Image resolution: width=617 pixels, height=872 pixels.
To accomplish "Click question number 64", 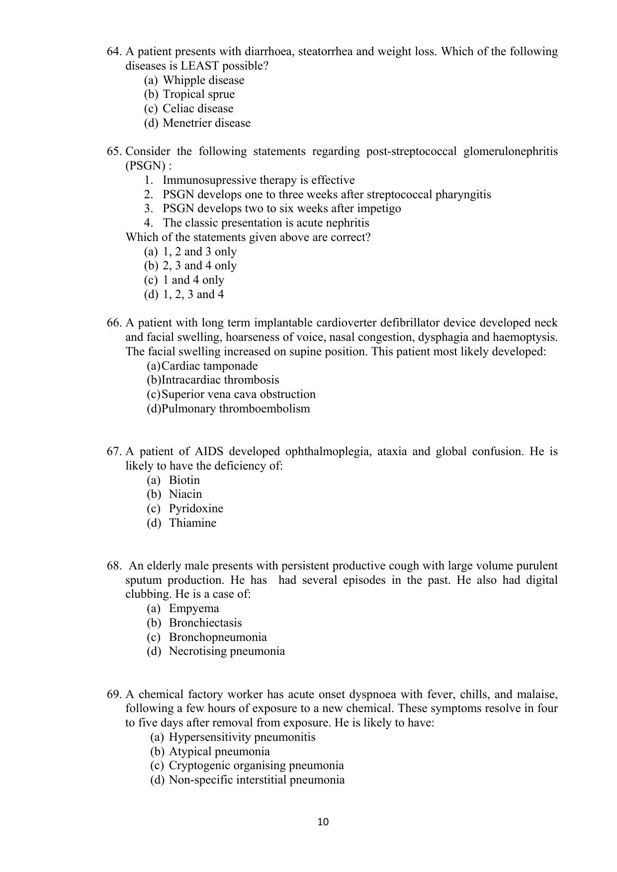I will [114, 52].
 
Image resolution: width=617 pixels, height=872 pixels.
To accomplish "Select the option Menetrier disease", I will [206, 123].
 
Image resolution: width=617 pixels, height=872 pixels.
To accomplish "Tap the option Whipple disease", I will [203, 80].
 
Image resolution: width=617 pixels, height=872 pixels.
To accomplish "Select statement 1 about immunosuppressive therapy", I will [259, 180].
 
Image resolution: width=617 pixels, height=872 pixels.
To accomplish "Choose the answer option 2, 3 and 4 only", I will [199, 266].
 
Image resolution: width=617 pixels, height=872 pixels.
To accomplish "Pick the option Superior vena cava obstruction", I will [239, 395].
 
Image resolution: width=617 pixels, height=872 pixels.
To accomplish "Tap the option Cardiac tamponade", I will [210, 366].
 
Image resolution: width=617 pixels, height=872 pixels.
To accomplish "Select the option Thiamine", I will [192, 523].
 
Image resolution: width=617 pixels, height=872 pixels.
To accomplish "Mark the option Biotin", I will [184, 480].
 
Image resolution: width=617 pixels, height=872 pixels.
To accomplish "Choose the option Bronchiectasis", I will [205, 623].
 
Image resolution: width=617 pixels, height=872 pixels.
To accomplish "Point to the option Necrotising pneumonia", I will [227, 651].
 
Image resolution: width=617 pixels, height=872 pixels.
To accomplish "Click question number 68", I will [114, 566].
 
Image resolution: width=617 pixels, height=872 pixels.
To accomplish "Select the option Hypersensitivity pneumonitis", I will [242, 737].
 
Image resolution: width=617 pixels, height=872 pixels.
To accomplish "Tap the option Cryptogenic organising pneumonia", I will [256, 766].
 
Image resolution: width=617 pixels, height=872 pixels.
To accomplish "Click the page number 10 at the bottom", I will [323, 822].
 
